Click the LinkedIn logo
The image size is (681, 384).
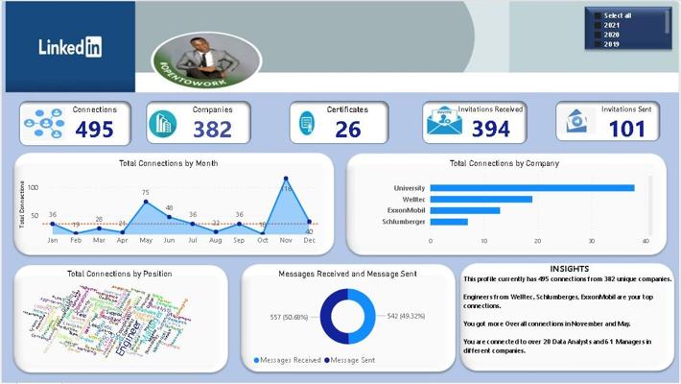70,46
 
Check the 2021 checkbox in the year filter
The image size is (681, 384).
599,25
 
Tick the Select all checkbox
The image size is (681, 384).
599,15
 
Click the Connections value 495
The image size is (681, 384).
94,130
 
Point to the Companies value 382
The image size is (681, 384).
213,130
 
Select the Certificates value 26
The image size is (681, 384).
348,130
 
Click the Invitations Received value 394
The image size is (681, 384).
491,130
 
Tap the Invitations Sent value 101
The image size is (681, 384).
626,130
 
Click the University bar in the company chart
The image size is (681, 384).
531,188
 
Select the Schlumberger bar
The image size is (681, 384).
449,222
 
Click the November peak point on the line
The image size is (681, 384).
286,179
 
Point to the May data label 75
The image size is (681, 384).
146,193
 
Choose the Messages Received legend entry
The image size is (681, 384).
288,360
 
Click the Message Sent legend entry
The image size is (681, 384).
352,360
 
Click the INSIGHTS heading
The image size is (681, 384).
570,269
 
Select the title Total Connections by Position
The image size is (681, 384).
120,274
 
